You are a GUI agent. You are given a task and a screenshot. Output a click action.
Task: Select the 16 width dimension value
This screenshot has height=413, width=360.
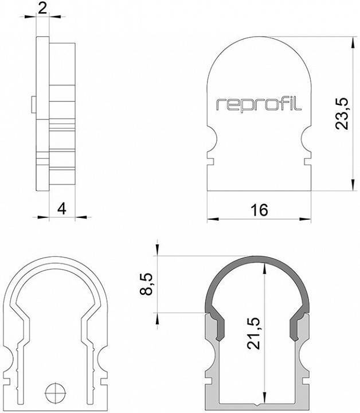pyautogui.click(x=259, y=210)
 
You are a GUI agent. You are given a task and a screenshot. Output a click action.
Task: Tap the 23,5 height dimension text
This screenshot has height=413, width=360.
pyautogui.click(x=342, y=114)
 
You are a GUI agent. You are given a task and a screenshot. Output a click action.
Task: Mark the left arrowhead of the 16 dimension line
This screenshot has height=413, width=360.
pyautogui.click(x=212, y=219)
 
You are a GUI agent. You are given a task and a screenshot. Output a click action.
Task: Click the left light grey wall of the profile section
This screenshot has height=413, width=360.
pyautogui.click(x=211, y=361)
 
